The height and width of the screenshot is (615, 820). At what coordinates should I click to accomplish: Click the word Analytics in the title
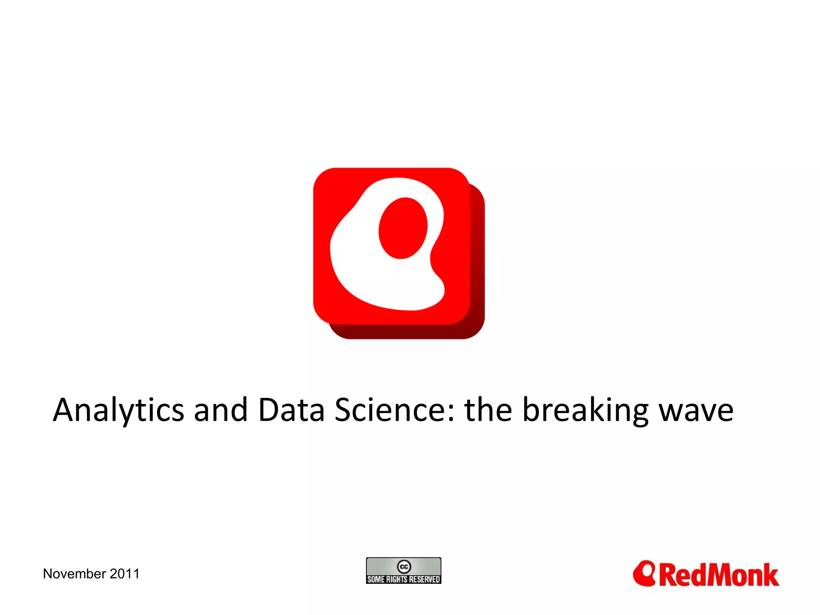[119, 411]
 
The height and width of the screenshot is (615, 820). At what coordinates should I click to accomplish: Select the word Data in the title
[291, 410]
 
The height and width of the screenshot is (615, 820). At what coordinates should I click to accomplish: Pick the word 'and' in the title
[221, 410]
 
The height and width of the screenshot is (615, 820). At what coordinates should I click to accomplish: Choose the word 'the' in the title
[488, 410]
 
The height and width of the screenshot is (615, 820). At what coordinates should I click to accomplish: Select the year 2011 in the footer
[125, 574]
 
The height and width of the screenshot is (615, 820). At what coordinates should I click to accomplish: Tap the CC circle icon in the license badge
[404, 567]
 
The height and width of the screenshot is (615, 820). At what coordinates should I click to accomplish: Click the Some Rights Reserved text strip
[404, 579]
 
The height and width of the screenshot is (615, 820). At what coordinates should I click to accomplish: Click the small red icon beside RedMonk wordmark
[644, 573]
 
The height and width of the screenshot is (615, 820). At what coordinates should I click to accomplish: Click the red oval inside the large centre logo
[403, 228]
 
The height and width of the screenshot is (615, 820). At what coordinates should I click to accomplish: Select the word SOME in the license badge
[376, 579]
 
